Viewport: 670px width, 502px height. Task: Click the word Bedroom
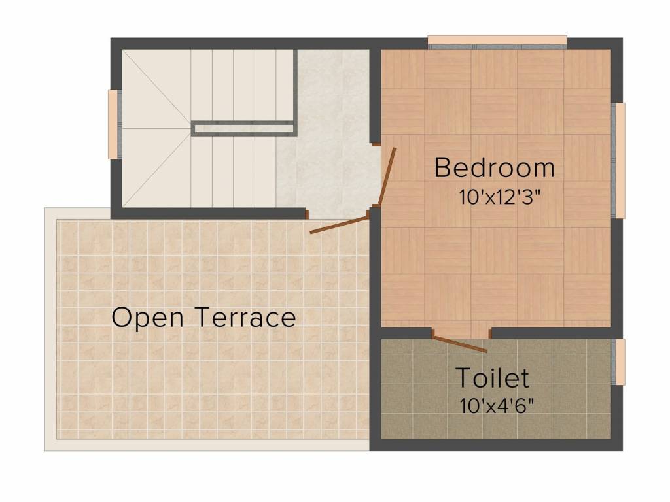click(x=494, y=168)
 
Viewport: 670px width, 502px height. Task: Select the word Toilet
click(x=492, y=378)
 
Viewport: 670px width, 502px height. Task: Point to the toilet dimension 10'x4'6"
click(x=497, y=405)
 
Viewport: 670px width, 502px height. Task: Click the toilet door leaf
click(x=461, y=344)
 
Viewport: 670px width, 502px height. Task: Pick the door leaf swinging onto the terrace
click(x=339, y=223)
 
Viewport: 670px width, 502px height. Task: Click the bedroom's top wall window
click(x=497, y=41)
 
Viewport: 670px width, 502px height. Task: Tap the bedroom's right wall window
click(x=619, y=160)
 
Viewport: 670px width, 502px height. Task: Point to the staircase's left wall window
click(x=113, y=124)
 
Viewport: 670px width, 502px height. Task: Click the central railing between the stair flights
click(x=243, y=128)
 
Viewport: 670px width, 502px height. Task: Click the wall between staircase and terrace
click(x=209, y=213)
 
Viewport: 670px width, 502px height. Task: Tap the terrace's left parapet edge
click(x=50, y=327)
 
